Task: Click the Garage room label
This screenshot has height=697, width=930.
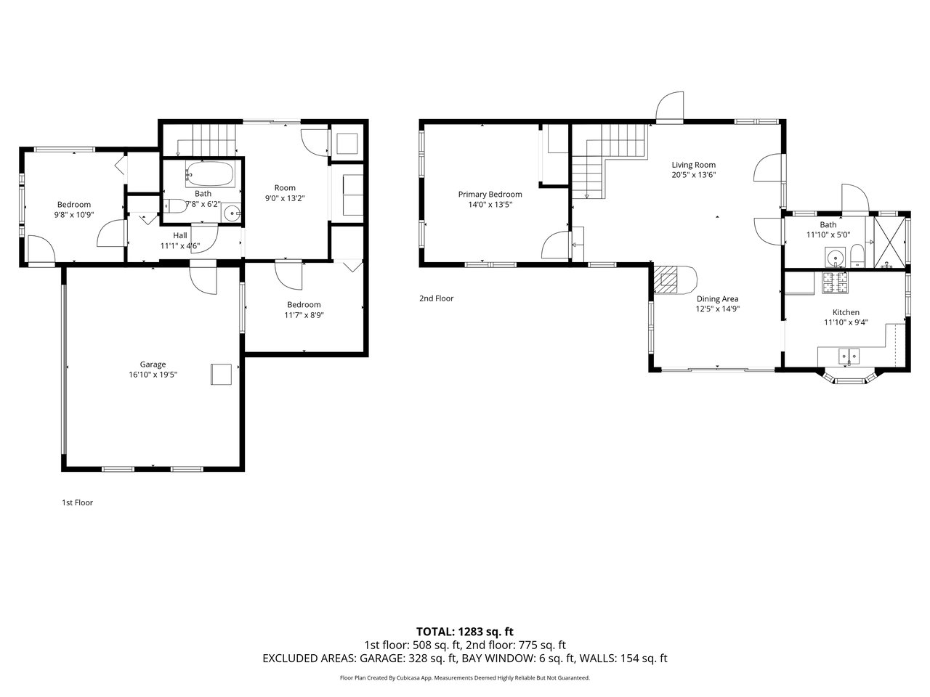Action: point(153,364)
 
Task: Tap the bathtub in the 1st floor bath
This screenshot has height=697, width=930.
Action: point(210,174)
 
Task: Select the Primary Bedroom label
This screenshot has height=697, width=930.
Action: point(490,195)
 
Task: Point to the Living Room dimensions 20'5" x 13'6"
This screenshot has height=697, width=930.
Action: point(694,175)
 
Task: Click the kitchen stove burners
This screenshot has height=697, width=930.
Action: point(835,282)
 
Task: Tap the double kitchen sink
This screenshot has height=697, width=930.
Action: point(849,356)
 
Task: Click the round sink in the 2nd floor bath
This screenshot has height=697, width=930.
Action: point(835,257)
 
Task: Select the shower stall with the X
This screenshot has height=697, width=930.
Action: point(890,242)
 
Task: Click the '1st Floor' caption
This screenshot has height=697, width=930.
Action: point(77,502)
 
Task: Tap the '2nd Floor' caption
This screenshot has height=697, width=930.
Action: point(437,298)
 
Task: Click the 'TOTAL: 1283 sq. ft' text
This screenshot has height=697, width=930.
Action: point(465,632)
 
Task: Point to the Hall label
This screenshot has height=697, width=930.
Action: point(179,235)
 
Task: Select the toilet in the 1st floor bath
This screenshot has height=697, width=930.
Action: point(175,206)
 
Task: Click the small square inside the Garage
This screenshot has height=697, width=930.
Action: point(221,375)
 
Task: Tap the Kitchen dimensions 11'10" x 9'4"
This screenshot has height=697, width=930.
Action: point(846,322)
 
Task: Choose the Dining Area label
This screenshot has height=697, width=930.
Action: point(717,299)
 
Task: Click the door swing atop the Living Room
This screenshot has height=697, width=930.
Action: point(669,106)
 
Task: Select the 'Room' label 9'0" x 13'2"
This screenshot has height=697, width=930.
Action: point(285,188)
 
